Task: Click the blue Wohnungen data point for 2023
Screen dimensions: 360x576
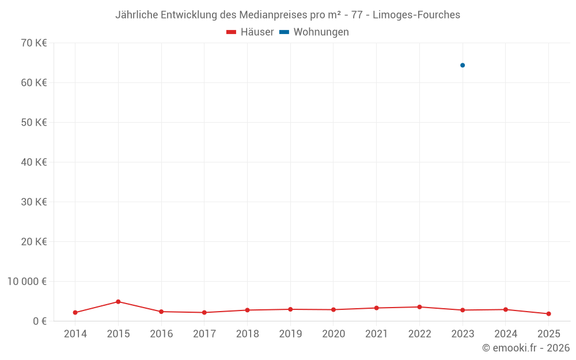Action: point(463,65)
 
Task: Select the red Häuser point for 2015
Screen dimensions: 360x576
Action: point(118,302)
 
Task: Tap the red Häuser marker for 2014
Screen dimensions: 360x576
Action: point(75,313)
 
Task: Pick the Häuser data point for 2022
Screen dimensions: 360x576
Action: point(419,307)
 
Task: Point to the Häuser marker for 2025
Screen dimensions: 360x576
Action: point(548,314)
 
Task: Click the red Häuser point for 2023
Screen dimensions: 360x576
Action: point(463,310)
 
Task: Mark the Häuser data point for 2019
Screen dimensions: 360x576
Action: point(290,309)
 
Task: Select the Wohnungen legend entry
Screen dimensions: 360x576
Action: point(321,32)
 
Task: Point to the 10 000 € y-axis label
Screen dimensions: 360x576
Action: point(28,281)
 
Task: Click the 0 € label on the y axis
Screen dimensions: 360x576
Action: point(40,321)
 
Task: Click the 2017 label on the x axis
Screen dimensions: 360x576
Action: point(204,334)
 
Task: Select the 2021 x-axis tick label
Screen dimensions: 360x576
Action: point(376,334)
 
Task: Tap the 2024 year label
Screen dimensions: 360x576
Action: point(505,334)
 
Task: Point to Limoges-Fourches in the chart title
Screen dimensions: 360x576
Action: point(416,15)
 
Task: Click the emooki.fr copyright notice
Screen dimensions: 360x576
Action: point(525,348)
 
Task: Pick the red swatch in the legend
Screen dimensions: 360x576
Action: point(232,32)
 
